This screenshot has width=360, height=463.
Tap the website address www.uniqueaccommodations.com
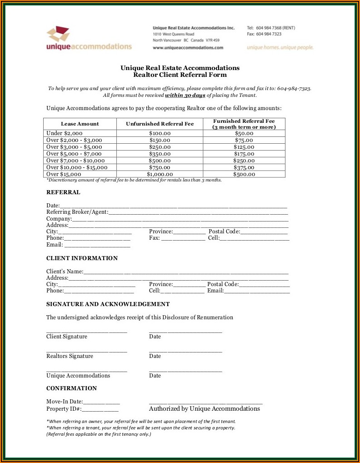188,47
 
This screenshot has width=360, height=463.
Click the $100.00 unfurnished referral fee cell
160,133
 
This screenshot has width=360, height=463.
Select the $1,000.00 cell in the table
160,174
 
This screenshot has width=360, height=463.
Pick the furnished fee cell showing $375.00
244,167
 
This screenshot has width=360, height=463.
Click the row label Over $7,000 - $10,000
75,161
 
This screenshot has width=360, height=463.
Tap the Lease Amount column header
80,124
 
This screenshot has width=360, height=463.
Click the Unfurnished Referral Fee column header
160,124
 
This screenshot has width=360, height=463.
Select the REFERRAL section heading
63,192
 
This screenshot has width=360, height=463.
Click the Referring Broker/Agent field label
77,212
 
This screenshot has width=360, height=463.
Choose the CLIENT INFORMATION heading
82,258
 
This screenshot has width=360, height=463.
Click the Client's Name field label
65,272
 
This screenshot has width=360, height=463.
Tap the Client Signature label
67,337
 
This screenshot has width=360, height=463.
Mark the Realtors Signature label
70,356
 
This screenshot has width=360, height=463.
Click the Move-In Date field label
65,402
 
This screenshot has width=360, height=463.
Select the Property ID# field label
64,409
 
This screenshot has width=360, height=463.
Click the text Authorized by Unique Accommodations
205,409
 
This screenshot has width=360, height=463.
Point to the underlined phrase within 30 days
185,95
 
